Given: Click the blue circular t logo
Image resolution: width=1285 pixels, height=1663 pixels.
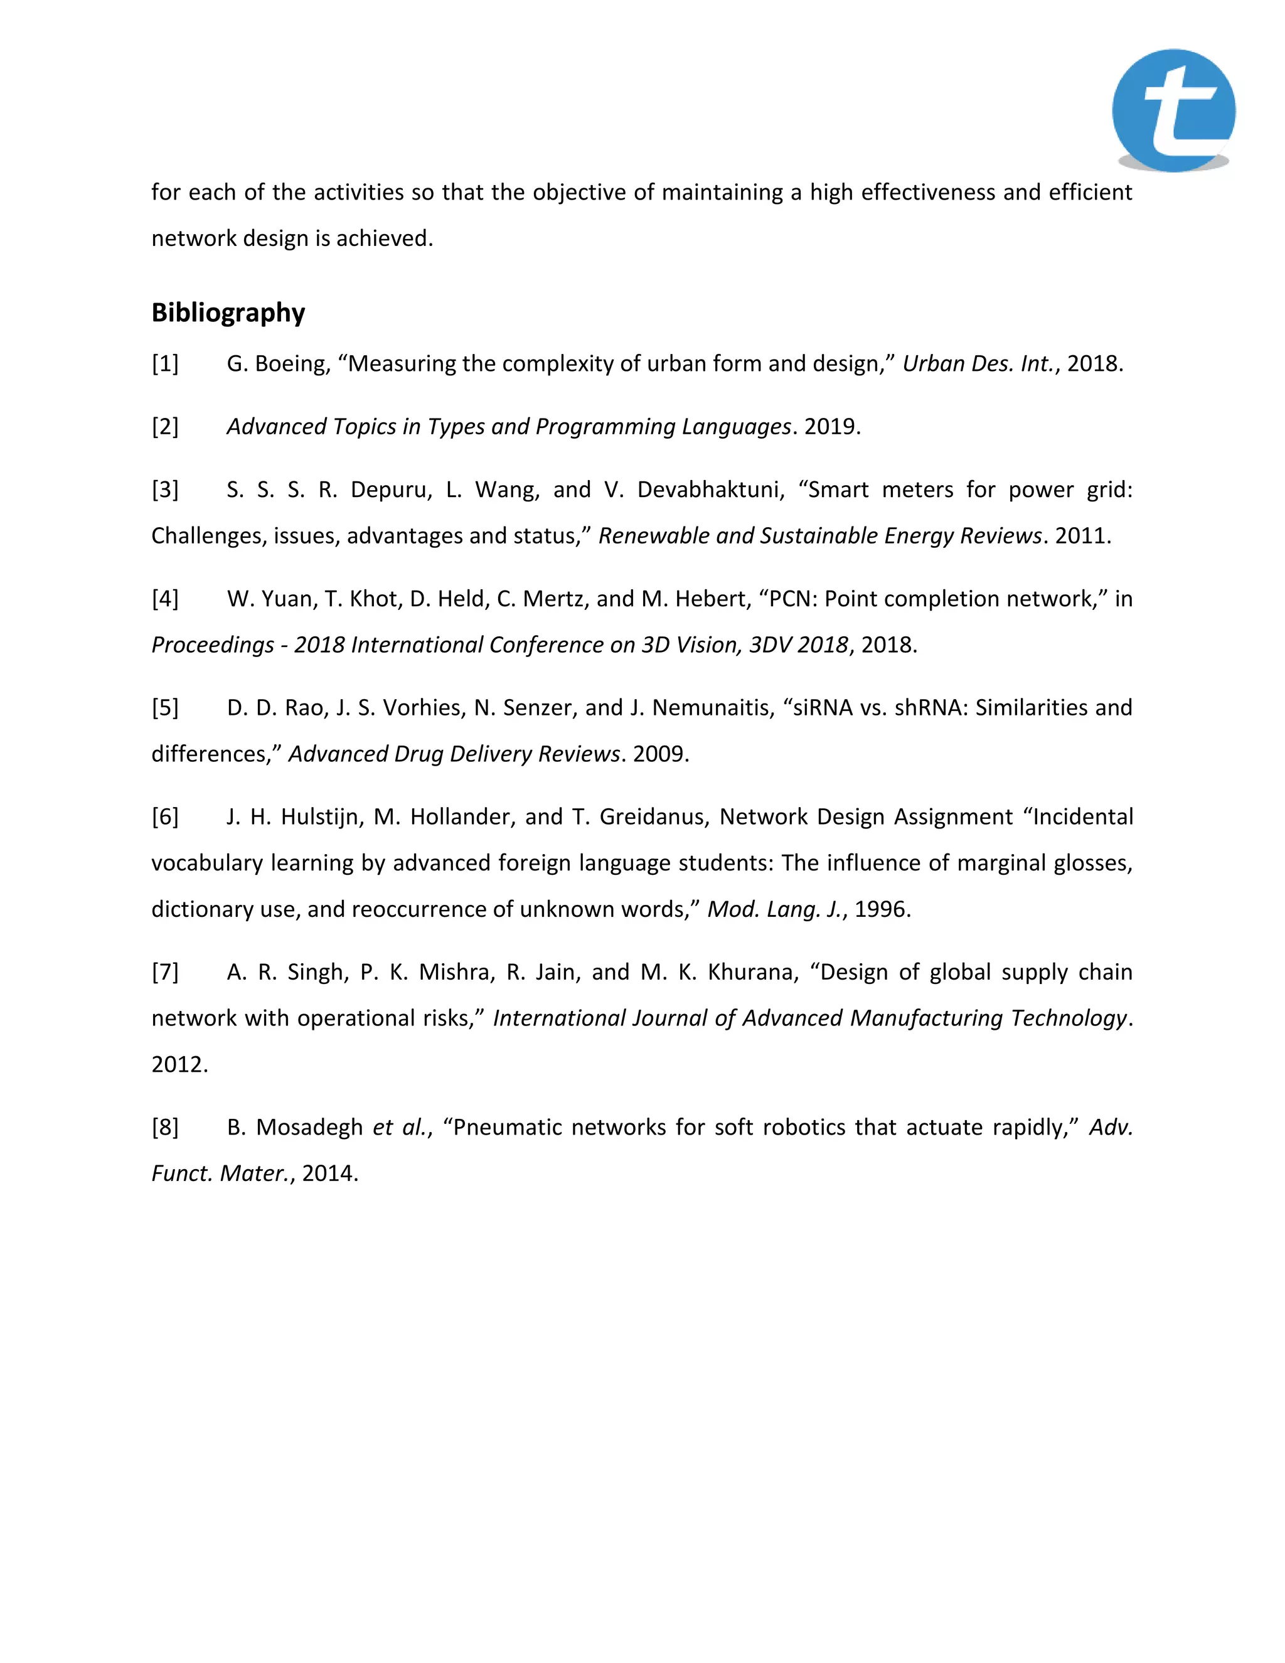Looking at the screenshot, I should pyautogui.click(x=1173, y=110).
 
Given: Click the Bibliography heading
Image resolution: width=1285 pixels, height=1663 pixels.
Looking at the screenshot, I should pyautogui.click(x=228, y=312).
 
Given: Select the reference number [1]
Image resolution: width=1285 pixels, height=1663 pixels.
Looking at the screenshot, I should pyautogui.click(x=165, y=364).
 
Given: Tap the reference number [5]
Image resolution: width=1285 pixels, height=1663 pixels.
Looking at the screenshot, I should pyautogui.click(x=165, y=708).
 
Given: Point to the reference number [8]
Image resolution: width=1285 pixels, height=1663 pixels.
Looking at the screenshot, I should pyautogui.click(x=165, y=1127).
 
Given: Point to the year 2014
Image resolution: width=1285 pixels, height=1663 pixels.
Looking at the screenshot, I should pyautogui.click(x=328, y=1174).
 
